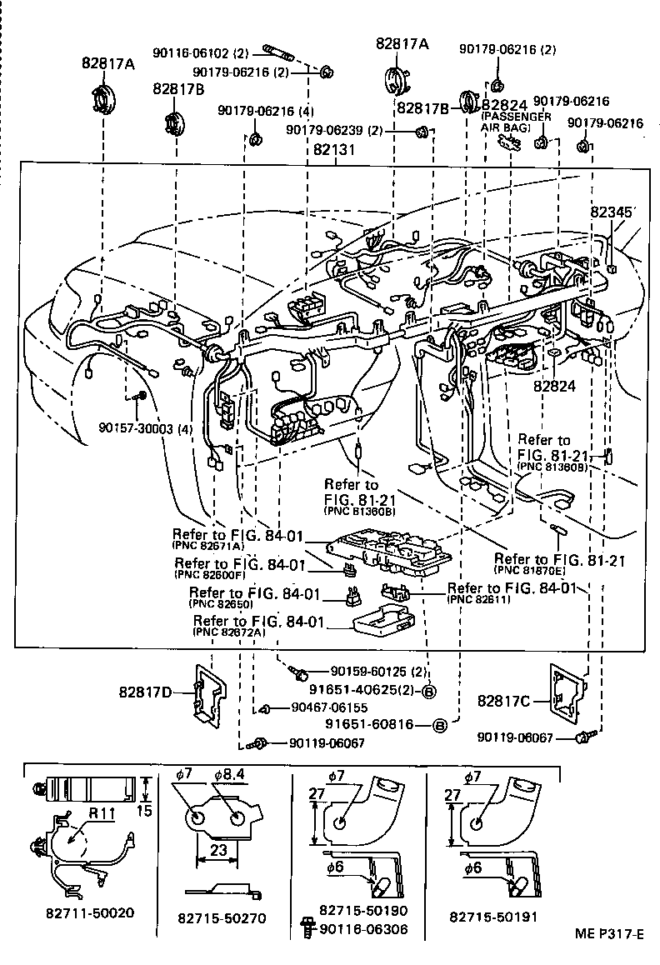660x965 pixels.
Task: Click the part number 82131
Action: point(335,151)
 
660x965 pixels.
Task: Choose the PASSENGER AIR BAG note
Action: point(516,122)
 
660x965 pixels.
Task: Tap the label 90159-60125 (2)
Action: point(378,671)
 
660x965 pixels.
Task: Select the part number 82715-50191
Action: point(492,916)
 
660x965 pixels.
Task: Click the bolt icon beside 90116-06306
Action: point(306,929)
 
